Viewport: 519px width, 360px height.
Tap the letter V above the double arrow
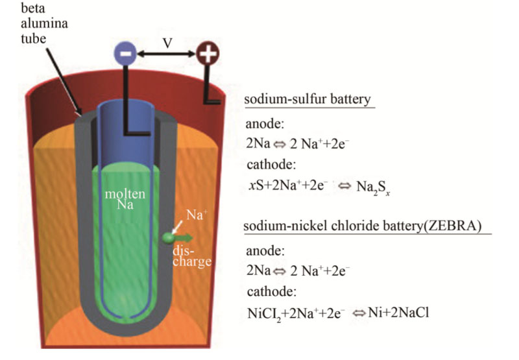[167, 43]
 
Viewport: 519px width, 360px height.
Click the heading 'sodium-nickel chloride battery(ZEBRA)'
[367, 228]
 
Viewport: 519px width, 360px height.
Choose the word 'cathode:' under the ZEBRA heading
[269, 290]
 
